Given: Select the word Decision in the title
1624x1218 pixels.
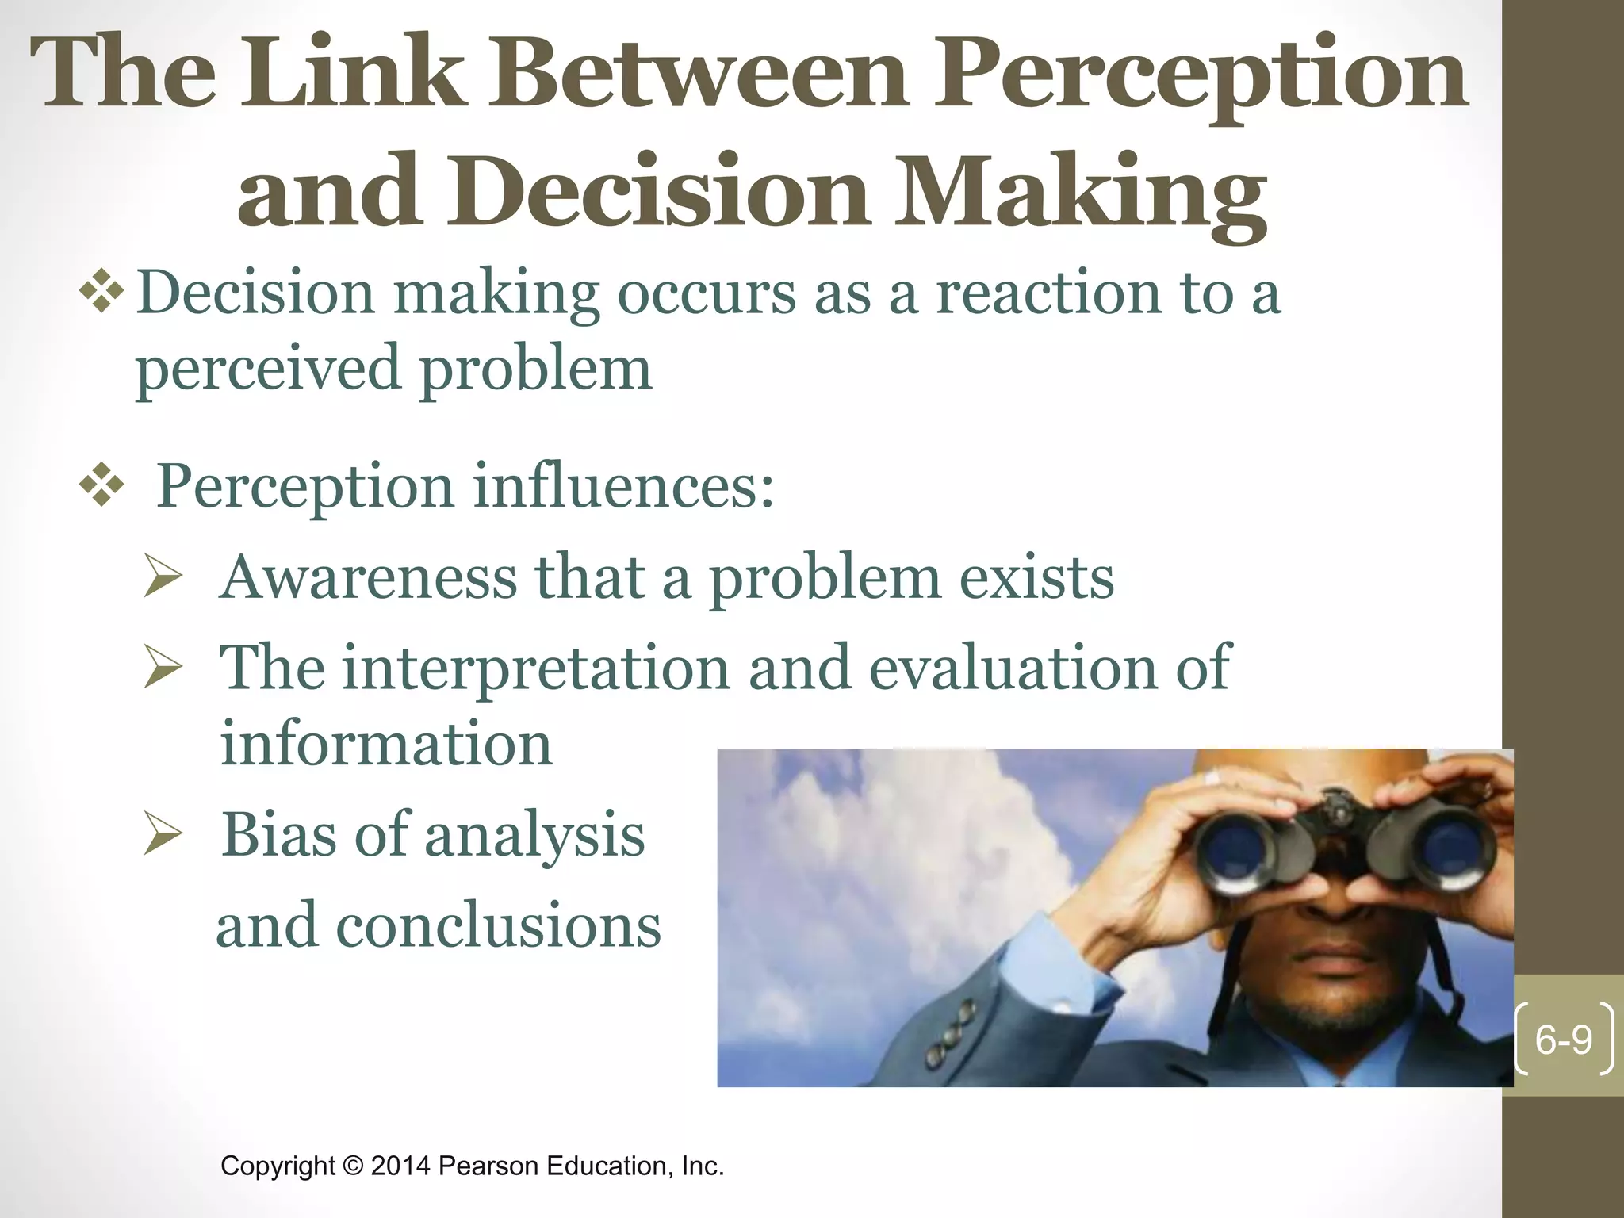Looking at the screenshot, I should click(658, 192).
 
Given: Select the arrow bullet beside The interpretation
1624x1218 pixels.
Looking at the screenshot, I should click(164, 668).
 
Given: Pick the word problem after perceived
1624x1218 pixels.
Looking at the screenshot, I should click(535, 370).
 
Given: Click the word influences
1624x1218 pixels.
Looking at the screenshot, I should click(623, 485).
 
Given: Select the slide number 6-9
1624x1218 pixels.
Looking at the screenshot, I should click(1563, 1040).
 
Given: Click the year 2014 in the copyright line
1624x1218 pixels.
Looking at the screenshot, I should click(400, 1166).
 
